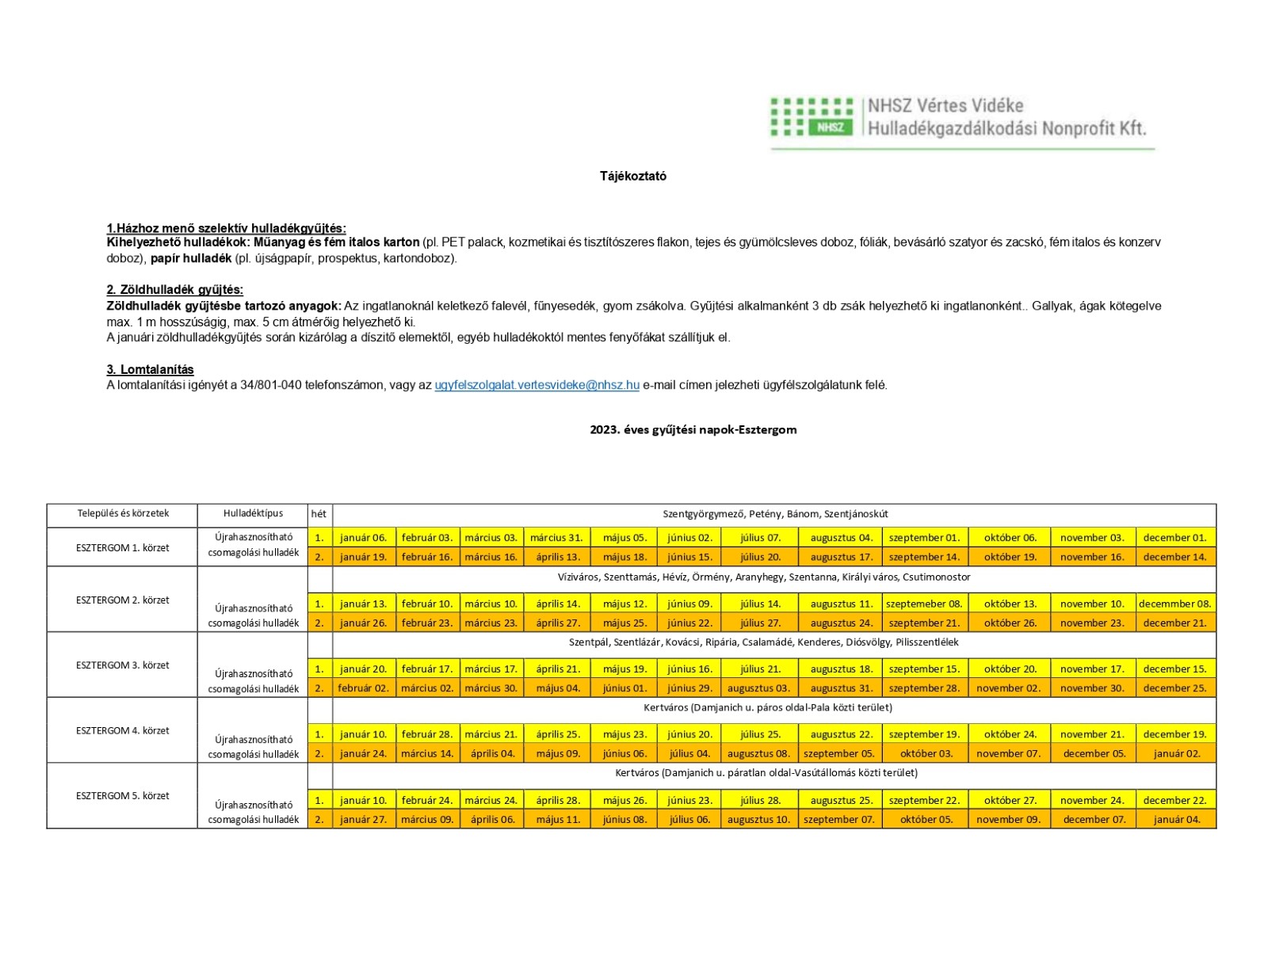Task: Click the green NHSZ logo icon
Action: [812, 117]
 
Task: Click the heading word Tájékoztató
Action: [632, 176]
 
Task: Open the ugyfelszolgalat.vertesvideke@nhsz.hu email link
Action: [537, 385]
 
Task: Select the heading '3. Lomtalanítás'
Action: [150, 369]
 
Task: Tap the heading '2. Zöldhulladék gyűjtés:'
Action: [174, 289]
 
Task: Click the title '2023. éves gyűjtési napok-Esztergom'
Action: [693, 429]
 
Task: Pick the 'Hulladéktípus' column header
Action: [253, 513]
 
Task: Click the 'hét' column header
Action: [319, 514]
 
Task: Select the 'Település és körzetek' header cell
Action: [123, 513]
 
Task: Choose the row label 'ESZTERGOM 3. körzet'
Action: [123, 665]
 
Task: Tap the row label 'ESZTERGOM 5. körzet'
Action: [123, 795]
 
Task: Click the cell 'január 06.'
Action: [363, 537]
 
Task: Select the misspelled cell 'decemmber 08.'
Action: [1174, 604]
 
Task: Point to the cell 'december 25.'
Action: [1174, 688]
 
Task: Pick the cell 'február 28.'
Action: [426, 734]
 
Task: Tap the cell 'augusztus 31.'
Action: [841, 688]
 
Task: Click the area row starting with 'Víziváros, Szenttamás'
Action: [763, 577]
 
